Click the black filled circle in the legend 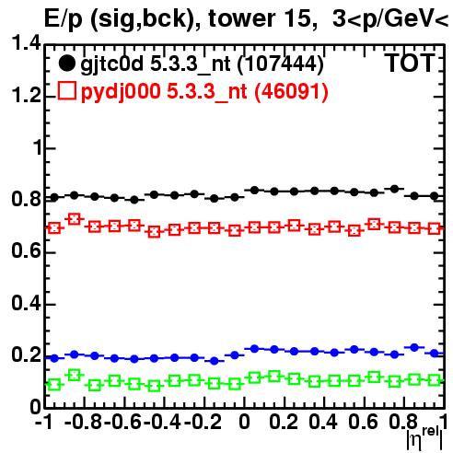(x=66, y=64)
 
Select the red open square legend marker (x=66, y=90)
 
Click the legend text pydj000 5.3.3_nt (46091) (x=204, y=92)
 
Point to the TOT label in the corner (x=411, y=63)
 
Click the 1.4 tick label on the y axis (x=26, y=42)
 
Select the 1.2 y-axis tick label (x=26, y=96)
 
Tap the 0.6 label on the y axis (x=26, y=251)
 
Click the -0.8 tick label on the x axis (x=84, y=423)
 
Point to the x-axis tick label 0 (x=244, y=423)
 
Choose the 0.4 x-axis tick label (x=323, y=423)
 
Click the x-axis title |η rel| (x=424, y=438)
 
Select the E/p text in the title (x=64, y=19)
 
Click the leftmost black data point (x=54, y=198)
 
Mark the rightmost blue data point (x=435, y=354)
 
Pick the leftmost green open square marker (x=54, y=385)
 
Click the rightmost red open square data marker (x=435, y=228)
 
